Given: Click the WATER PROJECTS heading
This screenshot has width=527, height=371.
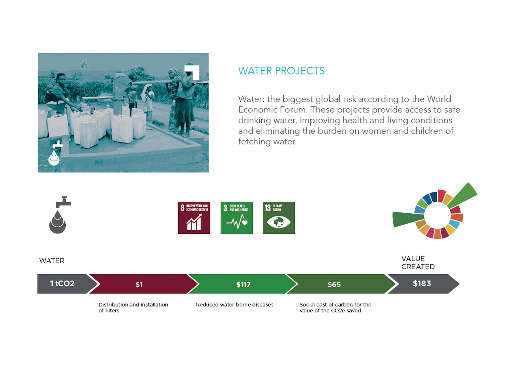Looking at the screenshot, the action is pyautogui.click(x=281, y=71).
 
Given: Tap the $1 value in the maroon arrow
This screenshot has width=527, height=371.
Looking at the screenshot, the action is pyautogui.click(x=139, y=285).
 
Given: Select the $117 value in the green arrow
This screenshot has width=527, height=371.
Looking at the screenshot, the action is pyautogui.click(x=243, y=285).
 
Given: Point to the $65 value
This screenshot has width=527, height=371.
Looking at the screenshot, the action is pyautogui.click(x=334, y=285).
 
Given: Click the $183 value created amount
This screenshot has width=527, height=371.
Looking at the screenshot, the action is pyautogui.click(x=422, y=283).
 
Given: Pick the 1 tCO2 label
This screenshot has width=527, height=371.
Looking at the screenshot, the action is pyautogui.click(x=62, y=283).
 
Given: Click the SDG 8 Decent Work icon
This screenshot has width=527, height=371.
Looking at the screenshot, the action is pyautogui.click(x=194, y=218).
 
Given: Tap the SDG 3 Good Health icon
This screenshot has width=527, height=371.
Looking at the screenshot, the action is pyautogui.click(x=236, y=218).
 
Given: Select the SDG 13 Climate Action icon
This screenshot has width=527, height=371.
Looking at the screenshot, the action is pyautogui.click(x=279, y=218).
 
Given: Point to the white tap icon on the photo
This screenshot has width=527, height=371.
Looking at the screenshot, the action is pyautogui.click(x=55, y=153).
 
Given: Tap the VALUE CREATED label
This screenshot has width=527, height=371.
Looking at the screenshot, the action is pyautogui.click(x=418, y=263).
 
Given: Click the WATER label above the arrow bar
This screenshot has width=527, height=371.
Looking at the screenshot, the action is pyautogui.click(x=52, y=261).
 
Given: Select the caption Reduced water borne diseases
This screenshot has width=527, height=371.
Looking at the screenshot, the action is pyautogui.click(x=235, y=304).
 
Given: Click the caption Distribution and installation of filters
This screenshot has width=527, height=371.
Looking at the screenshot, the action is pyautogui.click(x=133, y=308).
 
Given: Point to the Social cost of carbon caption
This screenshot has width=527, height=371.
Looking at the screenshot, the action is pyautogui.click(x=335, y=308).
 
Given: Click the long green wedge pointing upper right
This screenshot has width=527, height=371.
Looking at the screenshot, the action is pyautogui.click(x=463, y=195).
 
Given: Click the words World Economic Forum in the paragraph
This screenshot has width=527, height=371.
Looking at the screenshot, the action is pyautogui.click(x=349, y=104).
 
